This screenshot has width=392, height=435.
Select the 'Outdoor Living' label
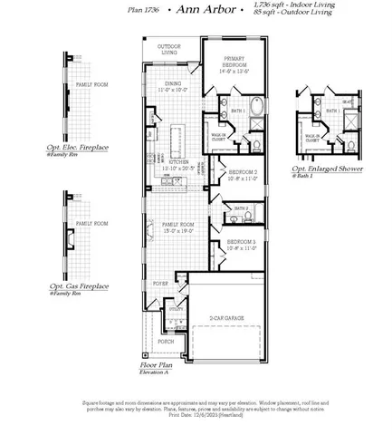169,49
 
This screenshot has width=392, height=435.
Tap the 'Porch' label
166,342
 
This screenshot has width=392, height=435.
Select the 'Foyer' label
159,283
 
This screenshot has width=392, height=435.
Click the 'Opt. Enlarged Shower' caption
325,168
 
